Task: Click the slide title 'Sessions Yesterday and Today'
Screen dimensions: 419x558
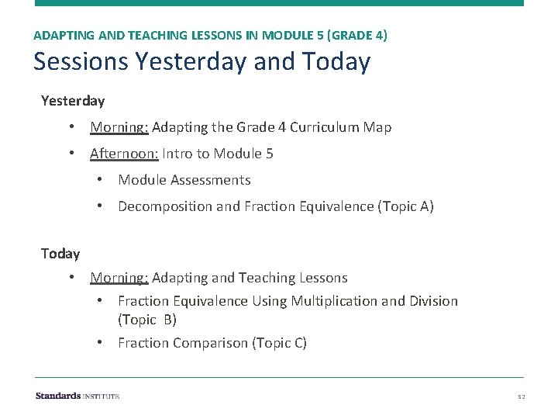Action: point(201,61)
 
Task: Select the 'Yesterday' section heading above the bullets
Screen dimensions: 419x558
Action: point(73,101)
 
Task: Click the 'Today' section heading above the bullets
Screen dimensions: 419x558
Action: point(60,254)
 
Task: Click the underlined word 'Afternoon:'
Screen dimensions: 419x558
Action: point(124,154)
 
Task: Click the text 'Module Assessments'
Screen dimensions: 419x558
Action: point(184,180)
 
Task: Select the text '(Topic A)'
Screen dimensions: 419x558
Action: point(405,206)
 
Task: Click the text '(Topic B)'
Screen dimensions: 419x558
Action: point(147,320)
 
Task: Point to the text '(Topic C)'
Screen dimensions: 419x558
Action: point(280,343)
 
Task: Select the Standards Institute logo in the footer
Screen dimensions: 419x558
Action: point(77,396)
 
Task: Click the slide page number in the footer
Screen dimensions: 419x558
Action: point(522,396)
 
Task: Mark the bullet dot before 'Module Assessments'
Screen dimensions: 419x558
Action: point(100,180)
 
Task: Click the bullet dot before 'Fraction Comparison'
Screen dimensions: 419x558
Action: point(100,343)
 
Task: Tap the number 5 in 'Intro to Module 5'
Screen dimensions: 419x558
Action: point(269,154)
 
